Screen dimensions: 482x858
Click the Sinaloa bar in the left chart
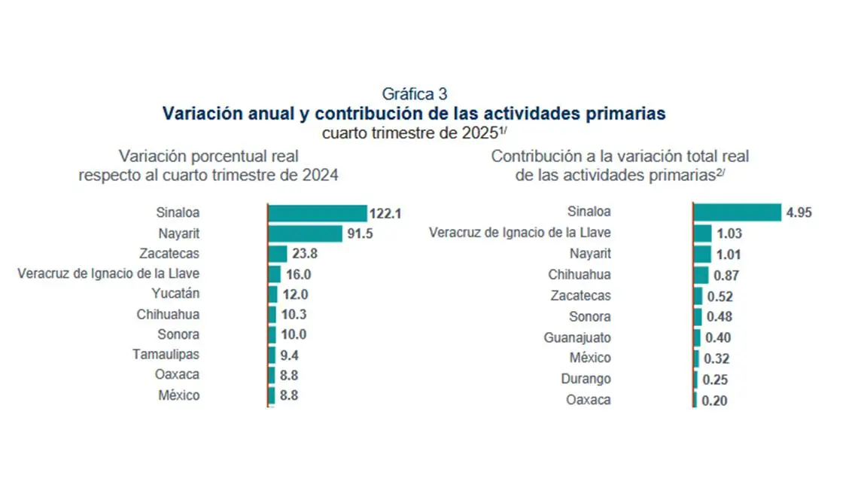[x=317, y=213]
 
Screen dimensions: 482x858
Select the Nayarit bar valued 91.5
[x=305, y=233]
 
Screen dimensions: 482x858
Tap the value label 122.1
[x=385, y=214]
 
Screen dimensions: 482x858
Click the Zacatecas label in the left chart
[x=169, y=254]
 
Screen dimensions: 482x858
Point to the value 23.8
[x=305, y=255]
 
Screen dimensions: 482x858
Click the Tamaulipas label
[x=166, y=354]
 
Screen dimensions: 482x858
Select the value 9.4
[x=289, y=355]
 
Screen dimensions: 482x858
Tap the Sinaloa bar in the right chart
[x=737, y=212]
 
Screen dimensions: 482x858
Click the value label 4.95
[x=799, y=213]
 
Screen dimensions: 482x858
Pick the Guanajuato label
[x=577, y=338]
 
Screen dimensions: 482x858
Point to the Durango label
[x=586, y=379]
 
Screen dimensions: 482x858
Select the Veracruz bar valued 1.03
[x=701, y=233]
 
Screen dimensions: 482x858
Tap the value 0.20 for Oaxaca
[x=714, y=401]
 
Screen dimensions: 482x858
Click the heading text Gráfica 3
[x=415, y=94]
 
